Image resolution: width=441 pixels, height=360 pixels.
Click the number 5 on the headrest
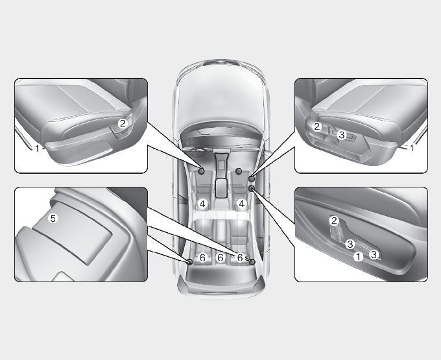point(53,218)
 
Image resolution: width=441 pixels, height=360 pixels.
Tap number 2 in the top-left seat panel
point(123,123)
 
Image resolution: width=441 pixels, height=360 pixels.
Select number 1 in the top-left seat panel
point(37,149)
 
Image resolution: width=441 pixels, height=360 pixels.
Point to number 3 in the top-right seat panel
point(341,135)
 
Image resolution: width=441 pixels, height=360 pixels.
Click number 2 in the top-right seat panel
point(317,127)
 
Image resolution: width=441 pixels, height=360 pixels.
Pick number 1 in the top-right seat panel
point(412,148)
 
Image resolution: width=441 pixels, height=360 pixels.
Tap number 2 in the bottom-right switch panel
point(334,221)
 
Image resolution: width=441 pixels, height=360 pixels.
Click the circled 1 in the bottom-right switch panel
point(358,256)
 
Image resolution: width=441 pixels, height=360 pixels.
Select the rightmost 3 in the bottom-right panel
point(374,254)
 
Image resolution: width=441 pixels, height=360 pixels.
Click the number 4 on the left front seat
point(202,204)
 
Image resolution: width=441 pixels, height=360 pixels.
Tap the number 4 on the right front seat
point(242,204)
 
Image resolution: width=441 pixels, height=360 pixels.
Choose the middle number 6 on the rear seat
point(220,258)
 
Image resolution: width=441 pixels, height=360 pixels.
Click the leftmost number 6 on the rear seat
point(202,258)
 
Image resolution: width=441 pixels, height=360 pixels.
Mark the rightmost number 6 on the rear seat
point(239,258)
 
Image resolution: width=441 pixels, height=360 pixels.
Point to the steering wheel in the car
point(198,153)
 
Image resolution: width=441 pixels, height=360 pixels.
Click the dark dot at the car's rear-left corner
point(190,262)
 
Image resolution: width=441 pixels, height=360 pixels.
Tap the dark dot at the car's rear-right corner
point(252,262)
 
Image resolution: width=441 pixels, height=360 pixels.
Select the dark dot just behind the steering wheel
point(201,171)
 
